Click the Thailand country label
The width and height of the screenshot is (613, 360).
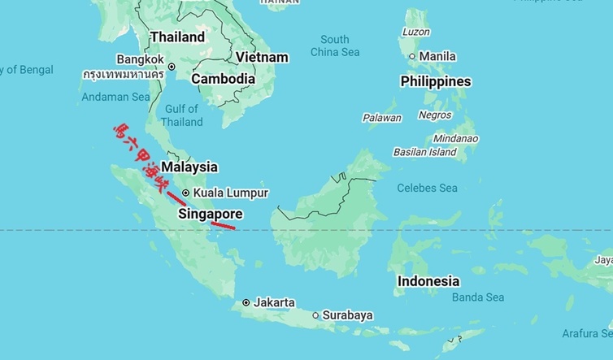coord(177,37)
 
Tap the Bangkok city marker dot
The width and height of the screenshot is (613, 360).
coord(172,67)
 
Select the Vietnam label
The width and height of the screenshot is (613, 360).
coord(262,58)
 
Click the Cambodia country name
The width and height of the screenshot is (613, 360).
coord(223,80)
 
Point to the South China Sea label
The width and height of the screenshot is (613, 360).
coord(334,46)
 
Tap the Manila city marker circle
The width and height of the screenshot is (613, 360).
coord(412,56)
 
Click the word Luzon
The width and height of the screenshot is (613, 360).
coord(415,32)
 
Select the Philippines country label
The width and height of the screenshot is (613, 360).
coord(435,82)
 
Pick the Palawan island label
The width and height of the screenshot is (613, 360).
coord(381,118)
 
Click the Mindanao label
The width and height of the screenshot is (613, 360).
coord(455,138)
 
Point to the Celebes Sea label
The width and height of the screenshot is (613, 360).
coord(427,188)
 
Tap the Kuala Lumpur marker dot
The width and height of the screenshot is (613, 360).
coord(186,193)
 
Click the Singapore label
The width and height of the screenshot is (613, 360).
coord(210,215)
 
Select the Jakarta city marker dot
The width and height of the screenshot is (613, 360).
coord(246,302)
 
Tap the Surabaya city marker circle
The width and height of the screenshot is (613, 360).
coord(315,314)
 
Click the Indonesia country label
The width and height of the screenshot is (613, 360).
coord(428,281)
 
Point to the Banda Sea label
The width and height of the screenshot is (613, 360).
coord(478,297)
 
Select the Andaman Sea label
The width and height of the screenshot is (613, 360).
coord(115,97)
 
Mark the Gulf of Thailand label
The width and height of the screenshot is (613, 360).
coord(181,115)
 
